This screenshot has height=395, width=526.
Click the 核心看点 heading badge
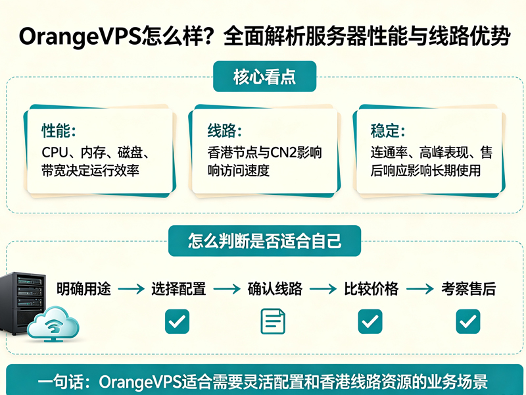pyautogui.click(x=265, y=76)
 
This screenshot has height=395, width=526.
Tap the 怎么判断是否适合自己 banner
pyautogui.click(x=265, y=241)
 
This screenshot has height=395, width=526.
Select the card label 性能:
pyautogui.click(x=59, y=130)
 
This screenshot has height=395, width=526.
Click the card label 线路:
pyautogui.click(x=224, y=130)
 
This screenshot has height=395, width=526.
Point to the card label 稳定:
pyautogui.click(x=388, y=130)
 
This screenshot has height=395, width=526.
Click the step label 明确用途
pyautogui.click(x=84, y=289)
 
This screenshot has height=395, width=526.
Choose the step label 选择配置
pyautogui.click(x=178, y=289)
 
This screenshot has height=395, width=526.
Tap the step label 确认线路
pyautogui.click(x=275, y=289)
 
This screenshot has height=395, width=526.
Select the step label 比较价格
pyautogui.click(x=371, y=289)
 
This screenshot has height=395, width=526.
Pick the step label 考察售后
pyautogui.click(x=468, y=289)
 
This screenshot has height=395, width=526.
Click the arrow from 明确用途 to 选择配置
pyautogui.click(x=131, y=289)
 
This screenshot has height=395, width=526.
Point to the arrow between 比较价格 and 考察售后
pyautogui.click(x=420, y=289)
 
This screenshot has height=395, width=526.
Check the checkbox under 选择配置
pyautogui.click(x=177, y=321)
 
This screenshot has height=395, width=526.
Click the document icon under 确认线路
pyautogui.click(x=273, y=321)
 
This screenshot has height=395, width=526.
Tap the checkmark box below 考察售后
pyautogui.click(x=468, y=321)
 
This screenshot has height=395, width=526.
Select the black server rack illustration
pyautogui.click(x=22, y=303)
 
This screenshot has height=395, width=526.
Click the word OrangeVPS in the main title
pyautogui.click(x=80, y=36)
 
